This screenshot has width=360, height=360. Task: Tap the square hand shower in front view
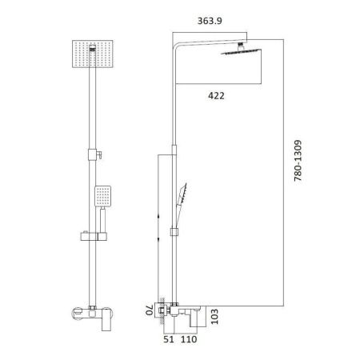[102, 194]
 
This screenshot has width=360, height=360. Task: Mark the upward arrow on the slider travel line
[159, 214]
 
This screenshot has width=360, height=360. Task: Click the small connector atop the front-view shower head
[94, 49]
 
